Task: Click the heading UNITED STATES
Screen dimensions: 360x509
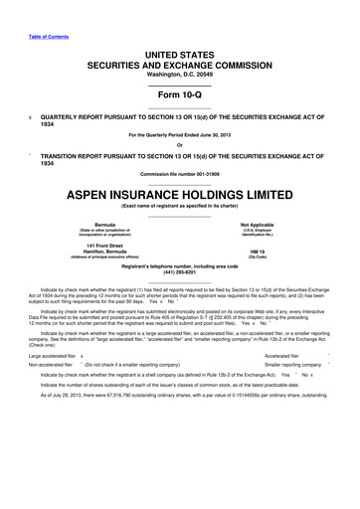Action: [181, 52]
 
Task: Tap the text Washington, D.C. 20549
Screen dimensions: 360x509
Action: [180, 73]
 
